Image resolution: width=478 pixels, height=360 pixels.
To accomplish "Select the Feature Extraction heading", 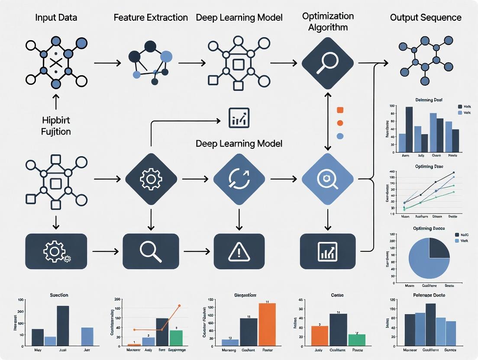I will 151,18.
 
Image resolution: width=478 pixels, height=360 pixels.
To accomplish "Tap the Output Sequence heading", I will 426,18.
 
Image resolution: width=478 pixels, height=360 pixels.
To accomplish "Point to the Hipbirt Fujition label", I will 56,125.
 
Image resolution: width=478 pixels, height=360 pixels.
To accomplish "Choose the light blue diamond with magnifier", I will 327,178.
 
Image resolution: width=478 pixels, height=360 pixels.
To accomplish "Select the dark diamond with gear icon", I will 151,178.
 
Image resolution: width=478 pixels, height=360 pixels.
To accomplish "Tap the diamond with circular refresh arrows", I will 239,178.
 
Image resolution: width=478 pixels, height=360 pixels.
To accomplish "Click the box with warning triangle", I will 239,251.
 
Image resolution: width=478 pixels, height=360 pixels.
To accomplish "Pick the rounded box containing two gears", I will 56,251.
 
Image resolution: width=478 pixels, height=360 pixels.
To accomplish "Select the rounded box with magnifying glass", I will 151,251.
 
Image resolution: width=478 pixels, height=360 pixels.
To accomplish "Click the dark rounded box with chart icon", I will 328,251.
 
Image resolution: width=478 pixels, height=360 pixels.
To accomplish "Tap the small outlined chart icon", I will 239,118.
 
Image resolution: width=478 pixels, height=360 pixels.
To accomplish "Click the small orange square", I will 340,110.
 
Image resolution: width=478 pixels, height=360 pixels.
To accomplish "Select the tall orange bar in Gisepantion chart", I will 267,324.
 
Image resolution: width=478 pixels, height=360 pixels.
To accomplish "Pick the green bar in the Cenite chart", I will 357,340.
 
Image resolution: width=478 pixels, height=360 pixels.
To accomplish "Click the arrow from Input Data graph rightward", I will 107,63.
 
